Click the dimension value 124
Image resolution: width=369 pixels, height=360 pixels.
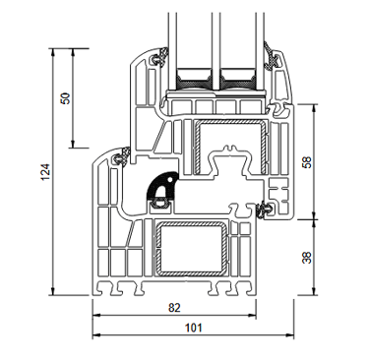(45, 172)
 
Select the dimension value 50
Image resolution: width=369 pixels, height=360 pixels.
(66, 98)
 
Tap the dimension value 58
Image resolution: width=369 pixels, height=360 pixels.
(307, 162)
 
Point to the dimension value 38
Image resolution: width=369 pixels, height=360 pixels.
(307, 257)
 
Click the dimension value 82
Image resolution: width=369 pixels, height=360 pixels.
(174, 308)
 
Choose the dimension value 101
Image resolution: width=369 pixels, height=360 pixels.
(194, 328)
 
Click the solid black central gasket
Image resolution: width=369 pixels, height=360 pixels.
(159, 187)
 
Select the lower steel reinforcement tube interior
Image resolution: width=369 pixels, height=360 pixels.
(190, 249)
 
